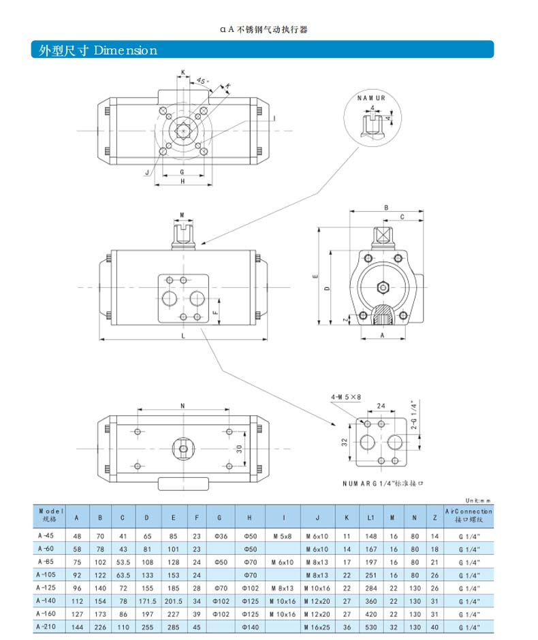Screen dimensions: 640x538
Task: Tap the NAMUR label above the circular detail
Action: coord(371,98)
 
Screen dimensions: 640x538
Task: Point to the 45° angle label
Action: coord(202,81)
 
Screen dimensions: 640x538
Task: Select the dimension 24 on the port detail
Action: coord(381,406)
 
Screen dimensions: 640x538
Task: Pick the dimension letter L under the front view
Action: coord(183,336)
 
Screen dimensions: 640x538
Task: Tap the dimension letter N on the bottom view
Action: coord(183,406)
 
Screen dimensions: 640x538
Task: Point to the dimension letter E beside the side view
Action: coord(315,277)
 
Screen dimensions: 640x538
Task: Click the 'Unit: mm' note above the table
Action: coord(478,500)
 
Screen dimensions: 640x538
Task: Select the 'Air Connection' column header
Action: coord(468,515)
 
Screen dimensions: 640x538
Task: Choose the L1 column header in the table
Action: coord(370,517)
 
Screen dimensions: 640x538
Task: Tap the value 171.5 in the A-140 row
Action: coord(147,601)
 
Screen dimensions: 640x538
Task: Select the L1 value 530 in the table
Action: coord(370,626)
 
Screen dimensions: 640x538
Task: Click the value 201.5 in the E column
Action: coord(174,601)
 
